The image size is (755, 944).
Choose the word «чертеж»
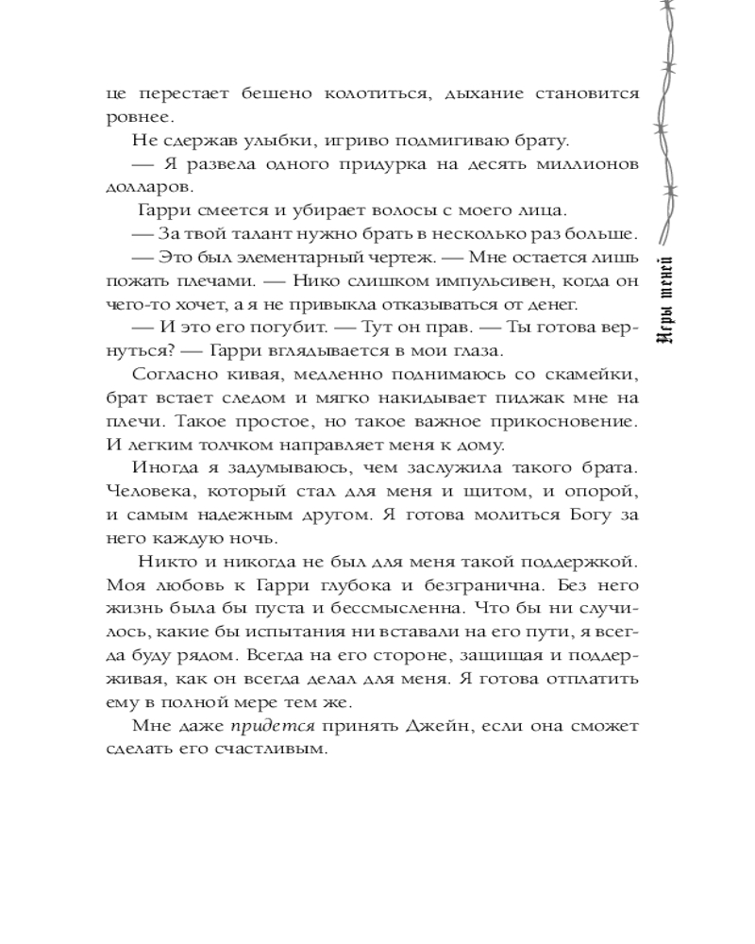(x=408, y=258)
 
